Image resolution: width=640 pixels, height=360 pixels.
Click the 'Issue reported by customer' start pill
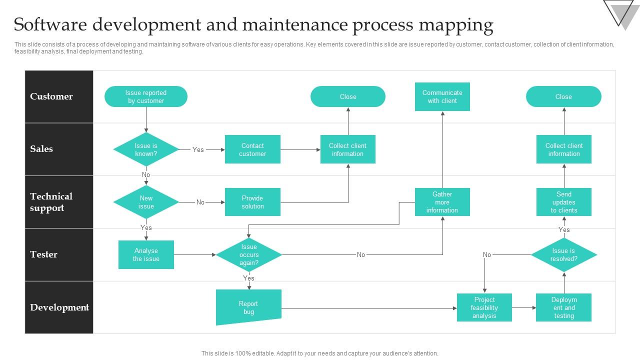pos(146,96)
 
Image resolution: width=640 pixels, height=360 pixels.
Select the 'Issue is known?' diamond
pos(146,149)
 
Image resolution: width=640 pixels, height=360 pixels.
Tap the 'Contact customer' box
pos(252,149)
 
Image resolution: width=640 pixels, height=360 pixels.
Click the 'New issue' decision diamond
pos(146,202)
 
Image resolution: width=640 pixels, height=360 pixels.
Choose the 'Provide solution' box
pos(252,202)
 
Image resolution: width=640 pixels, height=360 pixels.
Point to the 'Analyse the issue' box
pos(146,254)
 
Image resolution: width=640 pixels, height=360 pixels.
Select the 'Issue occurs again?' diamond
pos(249,254)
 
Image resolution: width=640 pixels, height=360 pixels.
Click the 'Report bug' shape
pos(248,307)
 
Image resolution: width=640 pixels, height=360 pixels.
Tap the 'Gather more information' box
pos(442,202)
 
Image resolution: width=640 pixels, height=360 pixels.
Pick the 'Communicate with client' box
pos(442,96)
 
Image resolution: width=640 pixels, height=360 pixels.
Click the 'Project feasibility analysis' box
pos(484,307)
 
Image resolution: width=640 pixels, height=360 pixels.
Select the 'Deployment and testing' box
pos(563,307)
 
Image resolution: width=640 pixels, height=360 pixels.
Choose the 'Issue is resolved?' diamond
pos(563,254)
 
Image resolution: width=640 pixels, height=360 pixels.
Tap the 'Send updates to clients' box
pos(563,202)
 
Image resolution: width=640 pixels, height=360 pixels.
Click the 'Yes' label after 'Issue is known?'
pos(198,149)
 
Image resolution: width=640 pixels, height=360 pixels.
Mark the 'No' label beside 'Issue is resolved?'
pos(487,254)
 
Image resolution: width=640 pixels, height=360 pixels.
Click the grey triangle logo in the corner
pos(621,12)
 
